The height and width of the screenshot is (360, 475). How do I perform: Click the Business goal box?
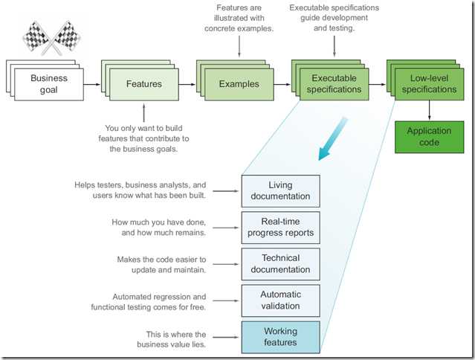[49, 84]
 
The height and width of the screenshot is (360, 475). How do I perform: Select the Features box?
[144, 84]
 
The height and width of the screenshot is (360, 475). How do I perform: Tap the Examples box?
[239, 84]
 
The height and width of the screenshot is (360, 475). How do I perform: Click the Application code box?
[429, 137]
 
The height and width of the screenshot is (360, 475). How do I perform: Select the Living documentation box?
[280, 190]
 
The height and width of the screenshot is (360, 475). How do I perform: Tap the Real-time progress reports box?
[280, 227]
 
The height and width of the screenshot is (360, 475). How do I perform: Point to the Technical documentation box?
[280, 263]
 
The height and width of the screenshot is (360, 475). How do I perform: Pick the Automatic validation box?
[280, 300]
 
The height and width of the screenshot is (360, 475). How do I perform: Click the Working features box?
[280, 336]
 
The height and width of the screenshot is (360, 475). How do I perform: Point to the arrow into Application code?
[429, 112]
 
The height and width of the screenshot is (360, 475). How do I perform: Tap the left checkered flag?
[39, 36]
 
